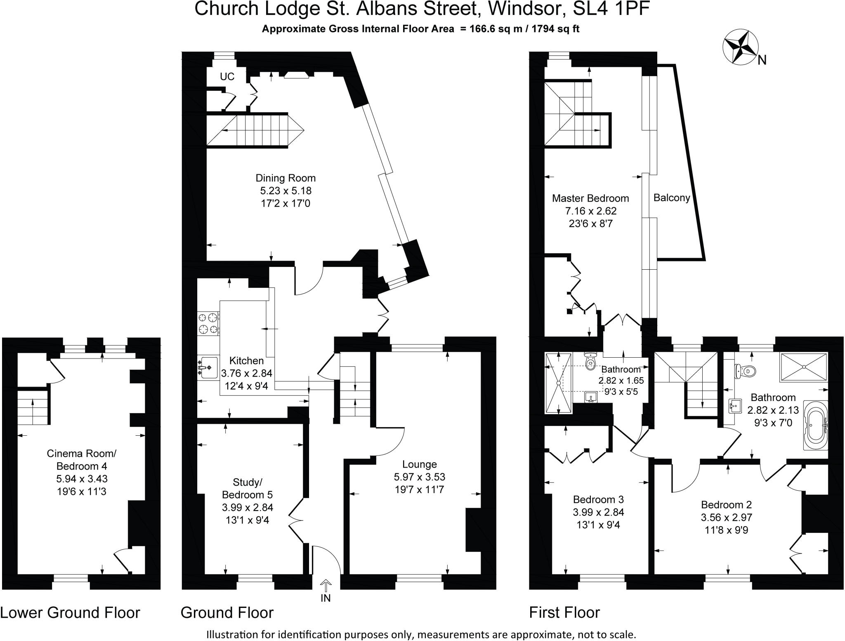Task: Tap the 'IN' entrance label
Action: [x=326, y=598]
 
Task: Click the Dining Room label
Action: [x=286, y=178]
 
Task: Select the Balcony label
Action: [x=672, y=198]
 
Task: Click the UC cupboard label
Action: [x=227, y=76]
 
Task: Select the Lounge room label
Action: [x=420, y=464]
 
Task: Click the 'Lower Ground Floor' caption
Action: [x=70, y=613]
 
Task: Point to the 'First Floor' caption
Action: [x=564, y=613]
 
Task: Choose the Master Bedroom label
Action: [x=590, y=198]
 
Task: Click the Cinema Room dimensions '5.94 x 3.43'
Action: [x=82, y=479]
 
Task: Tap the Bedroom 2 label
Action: [x=726, y=505]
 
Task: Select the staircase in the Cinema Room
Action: [x=33, y=407]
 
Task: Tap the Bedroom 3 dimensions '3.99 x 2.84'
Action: [x=598, y=512]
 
